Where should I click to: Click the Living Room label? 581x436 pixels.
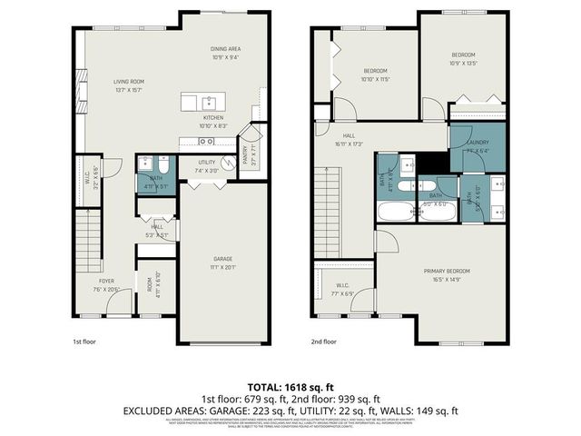pyautogui.click(x=130, y=81)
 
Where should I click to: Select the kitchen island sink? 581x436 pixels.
pyautogui.click(x=208, y=100)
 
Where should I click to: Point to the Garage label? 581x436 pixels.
pyautogui.click(x=222, y=260)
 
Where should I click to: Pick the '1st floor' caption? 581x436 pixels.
pyautogui.click(x=84, y=342)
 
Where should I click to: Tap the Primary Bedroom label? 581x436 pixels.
pyautogui.click(x=445, y=272)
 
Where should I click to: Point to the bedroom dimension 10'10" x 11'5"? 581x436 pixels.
pyautogui.click(x=376, y=79)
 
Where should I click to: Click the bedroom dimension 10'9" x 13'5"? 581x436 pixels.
pyautogui.click(x=464, y=64)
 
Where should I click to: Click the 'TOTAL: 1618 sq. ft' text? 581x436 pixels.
pyautogui.click(x=290, y=386)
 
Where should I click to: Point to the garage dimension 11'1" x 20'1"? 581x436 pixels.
pyautogui.click(x=222, y=267)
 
